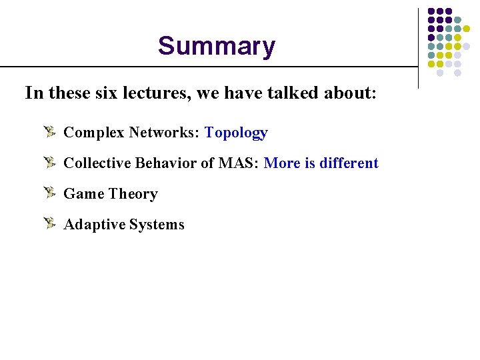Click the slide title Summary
216,47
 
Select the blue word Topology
236,133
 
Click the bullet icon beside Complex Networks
49,131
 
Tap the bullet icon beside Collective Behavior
49,162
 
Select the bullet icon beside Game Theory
49,193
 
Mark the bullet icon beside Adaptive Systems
49,223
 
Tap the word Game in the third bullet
83,194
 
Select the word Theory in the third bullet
133,194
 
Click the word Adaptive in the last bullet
94,225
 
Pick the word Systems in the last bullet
157,225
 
